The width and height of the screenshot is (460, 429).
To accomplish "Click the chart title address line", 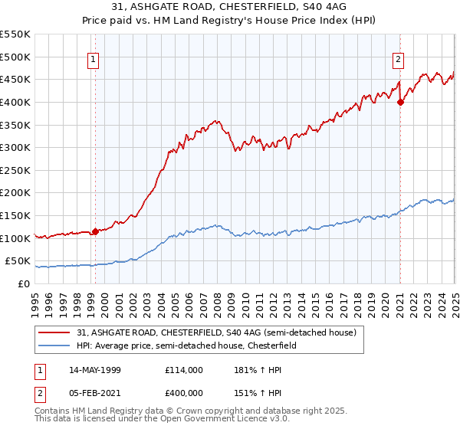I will pyautogui.click(x=230, y=8).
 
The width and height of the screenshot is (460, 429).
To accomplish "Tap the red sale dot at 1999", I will pyautogui.click(x=95, y=231).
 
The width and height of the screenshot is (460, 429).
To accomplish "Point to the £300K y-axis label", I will pyautogui.click(x=15, y=147).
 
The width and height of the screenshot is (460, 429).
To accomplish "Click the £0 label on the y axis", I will pyautogui.click(x=23, y=283).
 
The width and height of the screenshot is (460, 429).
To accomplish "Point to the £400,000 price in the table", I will pyautogui.click(x=183, y=393).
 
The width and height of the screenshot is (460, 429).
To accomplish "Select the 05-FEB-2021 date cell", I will pyautogui.click(x=94, y=393).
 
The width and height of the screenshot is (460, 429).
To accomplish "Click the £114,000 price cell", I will pyautogui.click(x=183, y=370).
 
